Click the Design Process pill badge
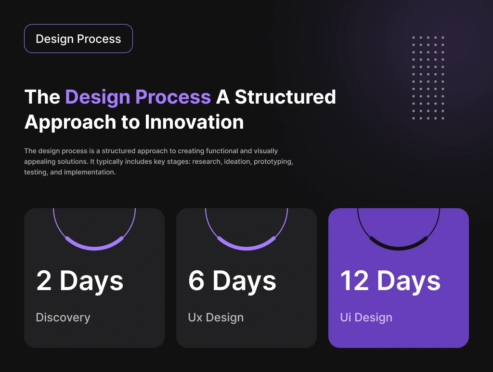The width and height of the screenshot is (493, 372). click(78, 39)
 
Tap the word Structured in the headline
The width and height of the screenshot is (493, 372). click(285, 97)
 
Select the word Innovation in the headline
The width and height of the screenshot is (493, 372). click(195, 122)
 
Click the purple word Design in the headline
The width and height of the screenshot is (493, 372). click(97, 97)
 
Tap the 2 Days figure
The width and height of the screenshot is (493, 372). click(80, 281)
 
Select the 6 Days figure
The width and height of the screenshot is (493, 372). click(232, 281)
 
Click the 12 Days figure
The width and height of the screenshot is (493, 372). click(390, 281)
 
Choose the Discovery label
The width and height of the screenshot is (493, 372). click(63, 318)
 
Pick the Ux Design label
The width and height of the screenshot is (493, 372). click(216, 318)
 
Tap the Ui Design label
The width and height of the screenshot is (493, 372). click(366, 318)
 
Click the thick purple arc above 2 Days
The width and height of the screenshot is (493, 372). click(94, 248)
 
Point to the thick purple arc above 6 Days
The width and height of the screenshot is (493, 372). click(246, 248)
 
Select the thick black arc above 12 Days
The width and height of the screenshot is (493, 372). click(399, 248)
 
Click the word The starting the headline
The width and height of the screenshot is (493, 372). click(42, 97)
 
